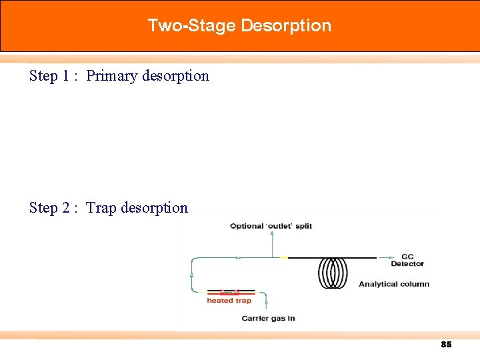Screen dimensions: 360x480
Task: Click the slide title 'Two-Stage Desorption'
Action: (x=239, y=26)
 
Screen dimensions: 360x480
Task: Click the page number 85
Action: (x=446, y=345)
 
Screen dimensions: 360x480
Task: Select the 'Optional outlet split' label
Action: (x=271, y=226)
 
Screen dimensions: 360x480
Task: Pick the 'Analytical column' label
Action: (x=393, y=284)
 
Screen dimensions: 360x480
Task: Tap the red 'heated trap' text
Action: (x=229, y=301)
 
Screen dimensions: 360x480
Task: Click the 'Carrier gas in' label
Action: (x=268, y=319)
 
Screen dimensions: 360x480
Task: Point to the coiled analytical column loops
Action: (x=333, y=272)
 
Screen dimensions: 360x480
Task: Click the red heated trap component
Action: (x=229, y=291)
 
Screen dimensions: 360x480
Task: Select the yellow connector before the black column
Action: (x=283, y=257)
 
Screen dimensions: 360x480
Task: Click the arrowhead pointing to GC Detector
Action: (x=383, y=257)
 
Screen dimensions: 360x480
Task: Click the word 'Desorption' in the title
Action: (x=286, y=26)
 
